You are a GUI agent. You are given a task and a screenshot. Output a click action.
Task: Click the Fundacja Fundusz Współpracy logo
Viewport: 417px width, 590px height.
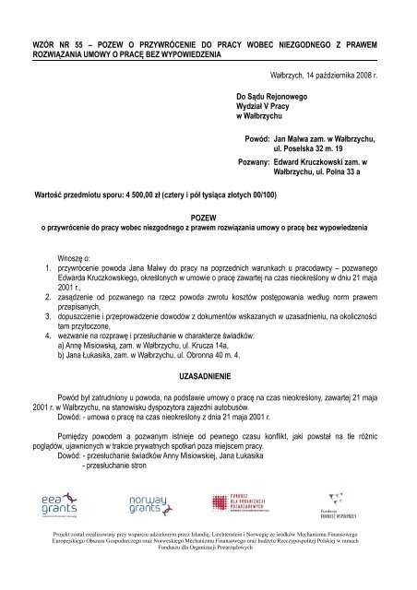339,506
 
